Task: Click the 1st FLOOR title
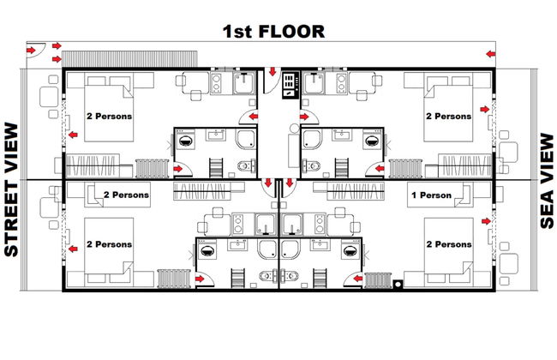coord(273,31)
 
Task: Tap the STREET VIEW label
coord(11,189)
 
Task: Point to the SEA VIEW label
coord(547,181)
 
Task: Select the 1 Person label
coord(431,195)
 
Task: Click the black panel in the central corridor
coord(290,86)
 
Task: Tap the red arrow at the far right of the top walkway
coord(490,54)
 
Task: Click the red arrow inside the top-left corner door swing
coord(31,50)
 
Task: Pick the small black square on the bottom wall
coord(398,284)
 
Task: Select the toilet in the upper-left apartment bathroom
coord(246,165)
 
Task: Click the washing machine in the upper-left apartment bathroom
coord(185,140)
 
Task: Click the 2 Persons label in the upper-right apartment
coord(448,117)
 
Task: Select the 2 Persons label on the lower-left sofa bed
coord(126,195)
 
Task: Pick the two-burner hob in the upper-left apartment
coord(216,83)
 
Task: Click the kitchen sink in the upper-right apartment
coord(314,83)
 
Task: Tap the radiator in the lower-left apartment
coord(174,279)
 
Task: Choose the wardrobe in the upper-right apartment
coord(465,165)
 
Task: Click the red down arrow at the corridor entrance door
coord(273,71)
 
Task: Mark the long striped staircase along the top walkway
coord(129,59)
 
